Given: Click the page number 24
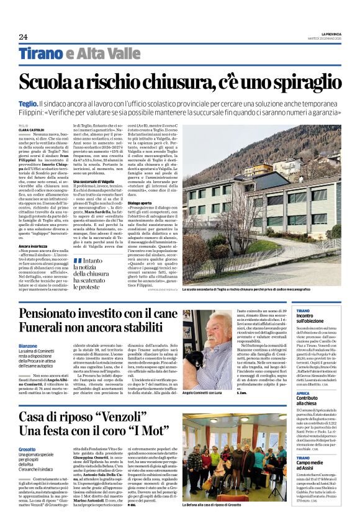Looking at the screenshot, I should [24, 36].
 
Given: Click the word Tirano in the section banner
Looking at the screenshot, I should [40, 53].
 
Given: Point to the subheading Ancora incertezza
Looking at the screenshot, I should [34, 246].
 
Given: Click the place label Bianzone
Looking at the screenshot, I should [28, 346].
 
